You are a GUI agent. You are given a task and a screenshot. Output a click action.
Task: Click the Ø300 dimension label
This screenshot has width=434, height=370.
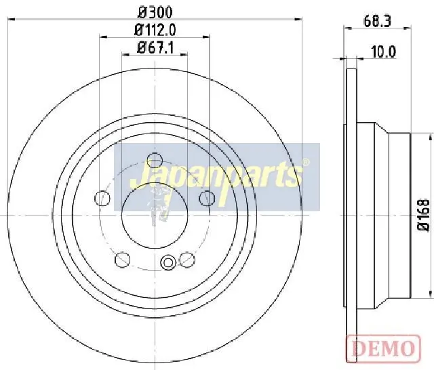(155, 12)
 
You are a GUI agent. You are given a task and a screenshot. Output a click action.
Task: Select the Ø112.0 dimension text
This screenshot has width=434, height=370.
(155, 30)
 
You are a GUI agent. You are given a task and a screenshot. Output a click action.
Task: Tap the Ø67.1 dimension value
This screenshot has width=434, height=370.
(155, 48)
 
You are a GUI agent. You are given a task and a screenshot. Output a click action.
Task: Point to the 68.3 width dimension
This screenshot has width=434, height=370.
(377, 21)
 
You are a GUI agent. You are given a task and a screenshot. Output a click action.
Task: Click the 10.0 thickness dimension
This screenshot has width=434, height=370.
(384, 52)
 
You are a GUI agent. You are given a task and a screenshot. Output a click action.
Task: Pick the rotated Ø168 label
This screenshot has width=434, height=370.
(423, 215)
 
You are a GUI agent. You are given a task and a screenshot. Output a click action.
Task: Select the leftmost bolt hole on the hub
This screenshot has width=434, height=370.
(102, 198)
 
